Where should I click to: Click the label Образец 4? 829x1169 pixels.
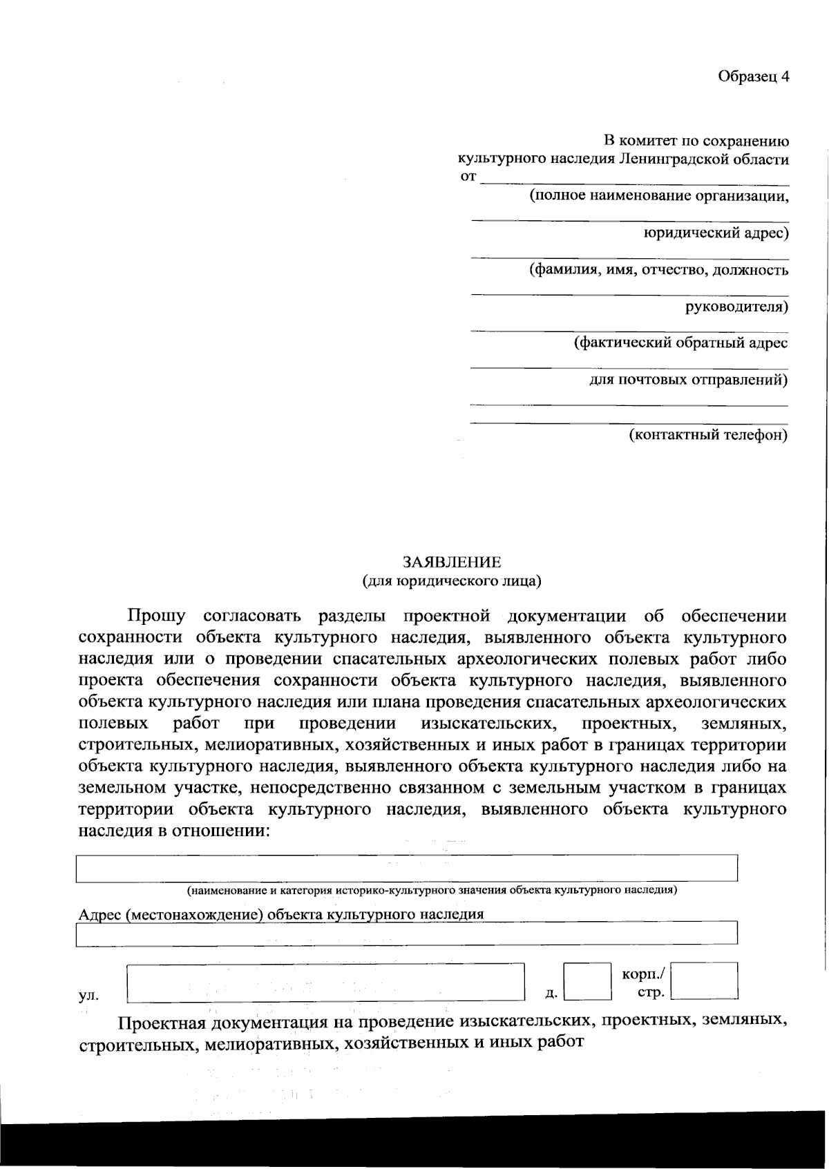[x=753, y=77]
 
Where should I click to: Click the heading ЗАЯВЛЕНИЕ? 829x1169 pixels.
[x=452, y=562]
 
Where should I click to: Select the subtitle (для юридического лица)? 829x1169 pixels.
[x=452, y=581]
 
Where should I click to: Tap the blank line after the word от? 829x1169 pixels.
[x=633, y=180]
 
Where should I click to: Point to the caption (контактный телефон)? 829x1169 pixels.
[x=707, y=435]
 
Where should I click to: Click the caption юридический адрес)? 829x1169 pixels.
[x=716, y=233]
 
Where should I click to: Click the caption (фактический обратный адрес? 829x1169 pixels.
[x=680, y=342]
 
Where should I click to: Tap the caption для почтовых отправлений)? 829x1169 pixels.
[x=688, y=379]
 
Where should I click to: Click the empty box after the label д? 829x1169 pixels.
[x=587, y=981]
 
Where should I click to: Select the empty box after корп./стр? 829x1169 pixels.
[x=704, y=980]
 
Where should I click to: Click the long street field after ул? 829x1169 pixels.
[x=325, y=982]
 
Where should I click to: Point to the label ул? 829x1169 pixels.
[x=88, y=995]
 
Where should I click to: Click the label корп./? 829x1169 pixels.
[x=643, y=974]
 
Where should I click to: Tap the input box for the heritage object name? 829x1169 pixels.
[x=406, y=868]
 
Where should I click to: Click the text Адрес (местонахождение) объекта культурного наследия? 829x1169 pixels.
[x=281, y=914]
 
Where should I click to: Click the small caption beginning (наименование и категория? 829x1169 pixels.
[x=432, y=890]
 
